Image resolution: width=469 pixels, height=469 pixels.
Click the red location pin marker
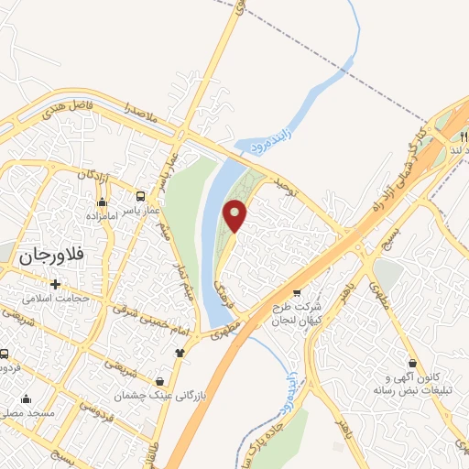236,215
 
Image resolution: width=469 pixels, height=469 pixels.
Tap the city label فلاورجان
56,258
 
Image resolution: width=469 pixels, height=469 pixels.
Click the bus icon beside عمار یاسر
140,196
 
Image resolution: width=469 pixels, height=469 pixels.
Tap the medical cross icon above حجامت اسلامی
56,284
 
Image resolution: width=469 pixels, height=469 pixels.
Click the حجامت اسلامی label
56,300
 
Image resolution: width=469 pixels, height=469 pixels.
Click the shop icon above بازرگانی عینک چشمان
161,381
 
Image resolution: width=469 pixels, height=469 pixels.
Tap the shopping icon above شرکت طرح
296,293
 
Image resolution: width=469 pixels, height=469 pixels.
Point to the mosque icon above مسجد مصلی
25,398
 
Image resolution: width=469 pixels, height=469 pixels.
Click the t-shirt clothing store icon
180,352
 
